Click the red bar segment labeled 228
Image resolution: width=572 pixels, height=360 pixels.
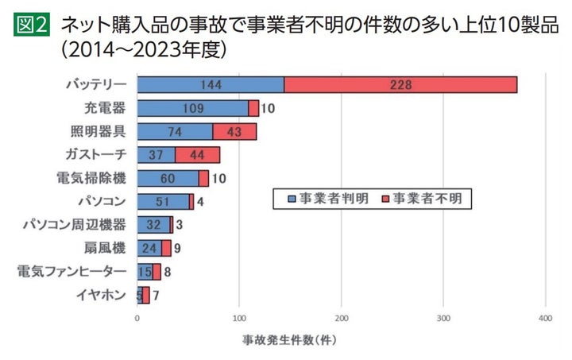tap(400, 85)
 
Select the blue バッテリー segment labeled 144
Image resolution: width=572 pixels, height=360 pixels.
tap(211, 85)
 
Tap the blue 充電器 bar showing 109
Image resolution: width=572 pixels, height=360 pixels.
tap(192, 108)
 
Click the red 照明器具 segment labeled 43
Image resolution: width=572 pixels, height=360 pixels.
tap(234, 132)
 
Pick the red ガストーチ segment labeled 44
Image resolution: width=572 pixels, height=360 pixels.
tap(197, 155)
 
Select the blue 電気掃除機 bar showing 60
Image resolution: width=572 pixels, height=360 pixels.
tap(168, 178)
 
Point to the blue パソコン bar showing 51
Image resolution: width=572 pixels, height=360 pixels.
tap(163, 202)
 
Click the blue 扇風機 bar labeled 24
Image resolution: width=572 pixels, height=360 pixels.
tap(149, 249)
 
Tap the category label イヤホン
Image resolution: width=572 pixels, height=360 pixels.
tap(101, 296)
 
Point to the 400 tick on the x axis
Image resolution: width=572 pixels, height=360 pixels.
tap(545, 318)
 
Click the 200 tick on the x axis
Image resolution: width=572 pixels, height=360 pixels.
tap(341, 318)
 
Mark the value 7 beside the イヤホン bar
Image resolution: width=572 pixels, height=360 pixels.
tap(157, 296)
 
